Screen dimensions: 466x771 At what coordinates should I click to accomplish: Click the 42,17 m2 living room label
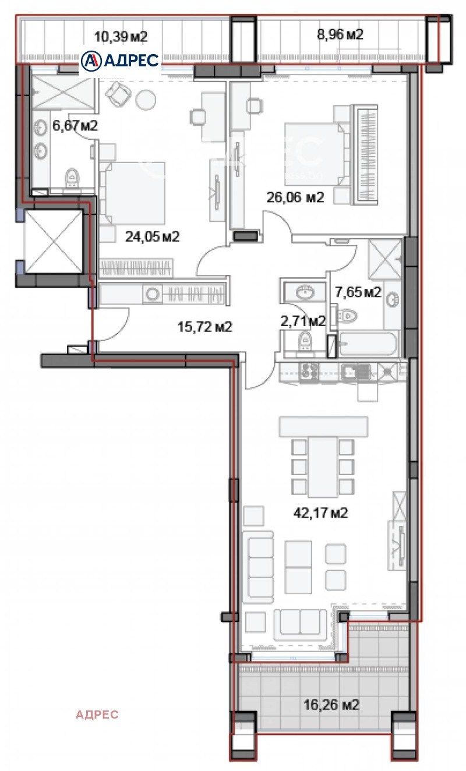pyautogui.click(x=320, y=513)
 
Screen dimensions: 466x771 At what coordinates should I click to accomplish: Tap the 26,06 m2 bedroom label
pyautogui.click(x=295, y=197)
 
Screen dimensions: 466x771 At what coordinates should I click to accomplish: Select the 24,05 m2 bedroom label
pyautogui.click(x=152, y=236)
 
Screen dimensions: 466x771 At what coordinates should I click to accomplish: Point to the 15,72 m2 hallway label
pyautogui.click(x=205, y=327)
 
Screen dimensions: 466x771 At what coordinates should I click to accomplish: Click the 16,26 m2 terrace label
pyautogui.click(x=331, y=705)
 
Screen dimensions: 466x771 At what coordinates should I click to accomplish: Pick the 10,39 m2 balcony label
pyautogui.click(x=121, y=37)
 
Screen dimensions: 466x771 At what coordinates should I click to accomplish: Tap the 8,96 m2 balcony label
pyautogui.click(x=340, y=34)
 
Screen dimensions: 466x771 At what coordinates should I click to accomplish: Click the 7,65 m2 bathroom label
pyautogui.click(x=358, y=292)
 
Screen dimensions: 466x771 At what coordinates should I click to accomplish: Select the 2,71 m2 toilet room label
pyautogui.click(x=303, y=321)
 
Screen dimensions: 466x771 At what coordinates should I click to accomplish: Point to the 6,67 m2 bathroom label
pyautogui.click(x=75, y=126)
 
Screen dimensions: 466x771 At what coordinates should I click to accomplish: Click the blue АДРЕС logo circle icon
pyautogui.click(x=91, y=61)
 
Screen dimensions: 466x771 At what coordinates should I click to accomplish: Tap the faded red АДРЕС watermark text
pyautogui.click(x=97, y=715)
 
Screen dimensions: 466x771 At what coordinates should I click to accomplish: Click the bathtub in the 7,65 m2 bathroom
pyautogui.click(x=368, y=344)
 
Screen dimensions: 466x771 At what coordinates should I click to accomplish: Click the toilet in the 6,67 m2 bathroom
pyautogui.click(x=72, y=178)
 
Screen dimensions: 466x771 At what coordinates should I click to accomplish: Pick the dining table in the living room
pyautogui.click(x=323, y=467)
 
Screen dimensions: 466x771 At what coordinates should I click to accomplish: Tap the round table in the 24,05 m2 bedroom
pyautogui.click(x=146, y=100)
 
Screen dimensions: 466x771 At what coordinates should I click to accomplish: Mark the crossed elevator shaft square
pyautogui.click(x=54, y=242)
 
